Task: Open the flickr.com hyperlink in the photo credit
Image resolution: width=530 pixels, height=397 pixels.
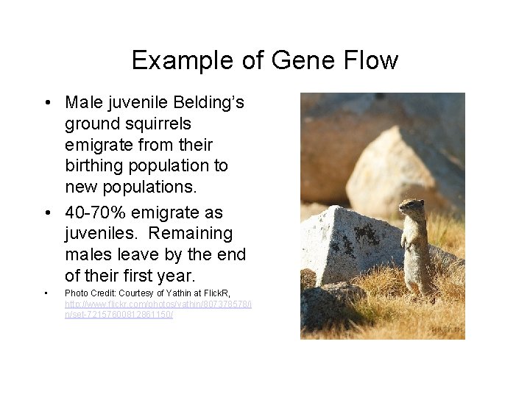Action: pos(158,303)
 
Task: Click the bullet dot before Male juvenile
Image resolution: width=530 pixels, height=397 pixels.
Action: pos(46,102)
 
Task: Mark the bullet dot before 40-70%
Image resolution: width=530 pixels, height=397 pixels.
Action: pos(46,213)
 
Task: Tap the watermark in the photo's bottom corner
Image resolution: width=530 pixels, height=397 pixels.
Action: pos(446,330)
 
